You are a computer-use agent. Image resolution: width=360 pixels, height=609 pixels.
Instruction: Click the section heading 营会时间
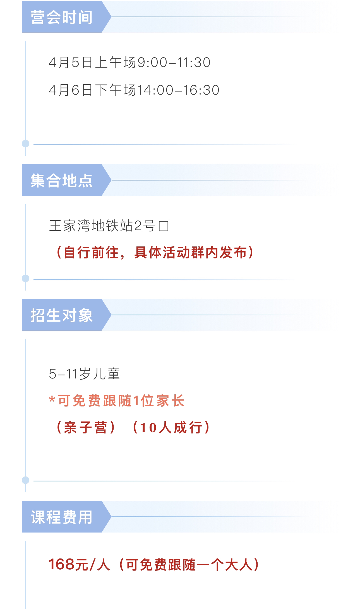pyautogui.click(x=61, y=17)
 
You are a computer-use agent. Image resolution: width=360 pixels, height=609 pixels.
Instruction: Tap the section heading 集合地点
pyautogui.click(x=61, y=181)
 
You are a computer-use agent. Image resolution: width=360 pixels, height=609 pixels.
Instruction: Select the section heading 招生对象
pyautogui.click(x=61, y=315)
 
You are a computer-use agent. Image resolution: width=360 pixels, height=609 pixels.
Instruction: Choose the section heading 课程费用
pyautogui.click(x=61, y=517)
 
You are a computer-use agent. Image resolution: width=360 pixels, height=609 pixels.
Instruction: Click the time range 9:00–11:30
pyautogui.click(x=174, y=63)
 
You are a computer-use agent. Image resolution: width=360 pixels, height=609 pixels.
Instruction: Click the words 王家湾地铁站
pyautogui.click(x=91, y=226)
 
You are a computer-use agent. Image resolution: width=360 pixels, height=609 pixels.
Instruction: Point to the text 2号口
pyautogui.click(x=152, y=226)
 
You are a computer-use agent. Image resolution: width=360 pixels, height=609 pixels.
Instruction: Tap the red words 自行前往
pyautogui.click(x=91, y=253)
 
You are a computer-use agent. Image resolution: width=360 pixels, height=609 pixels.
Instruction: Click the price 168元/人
pyautogui.click(x=79, y=565)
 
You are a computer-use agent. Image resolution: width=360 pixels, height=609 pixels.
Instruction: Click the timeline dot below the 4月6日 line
pyautogui.click(x=26, y=144)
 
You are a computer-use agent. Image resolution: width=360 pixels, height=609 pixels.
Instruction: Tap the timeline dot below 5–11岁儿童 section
pyautogui.click(x=26, y=480)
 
